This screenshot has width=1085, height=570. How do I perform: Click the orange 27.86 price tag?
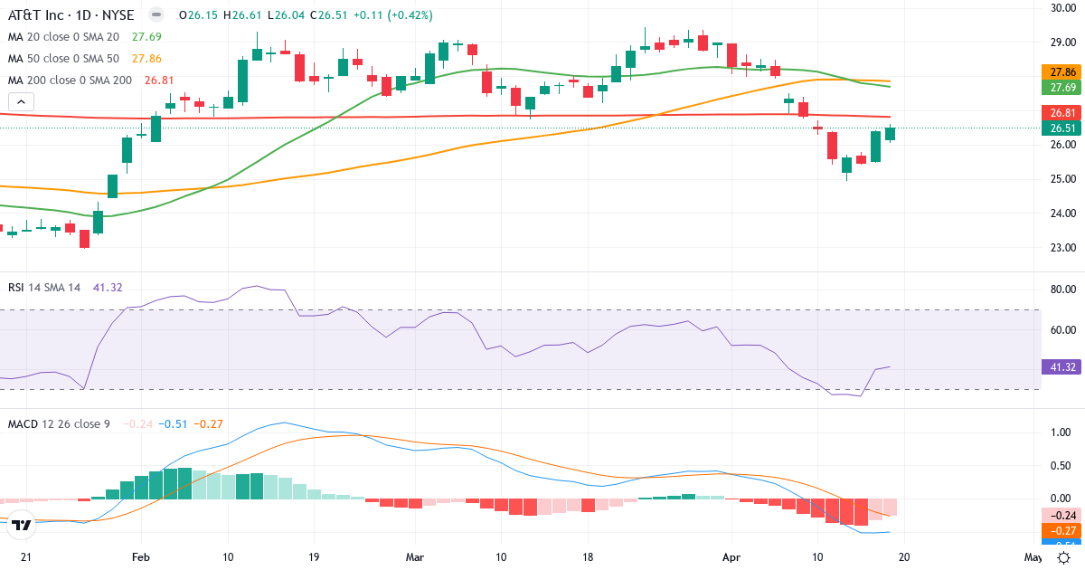[x=1061, y=71]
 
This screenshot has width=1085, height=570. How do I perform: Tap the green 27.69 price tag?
[x=1061, y=88]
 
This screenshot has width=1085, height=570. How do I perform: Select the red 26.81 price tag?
[x=1061, y=113]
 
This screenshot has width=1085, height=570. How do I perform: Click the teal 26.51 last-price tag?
[x=1061, y=128]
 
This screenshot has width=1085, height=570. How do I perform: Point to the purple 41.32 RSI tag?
[x=1061, y=367]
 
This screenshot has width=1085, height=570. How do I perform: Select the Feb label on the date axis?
[x=140, y=556]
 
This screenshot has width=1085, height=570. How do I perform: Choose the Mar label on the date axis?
[x=415, y=556]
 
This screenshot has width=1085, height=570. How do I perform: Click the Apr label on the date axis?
[x=731, y=556]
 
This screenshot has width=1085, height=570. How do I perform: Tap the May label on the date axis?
[x=1033, y=556]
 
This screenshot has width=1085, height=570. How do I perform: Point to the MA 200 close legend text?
[x=71, y=81]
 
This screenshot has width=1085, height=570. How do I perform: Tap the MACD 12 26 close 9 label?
[x=58, y=423]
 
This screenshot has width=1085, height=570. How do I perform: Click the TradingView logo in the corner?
[x=23, y=524]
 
